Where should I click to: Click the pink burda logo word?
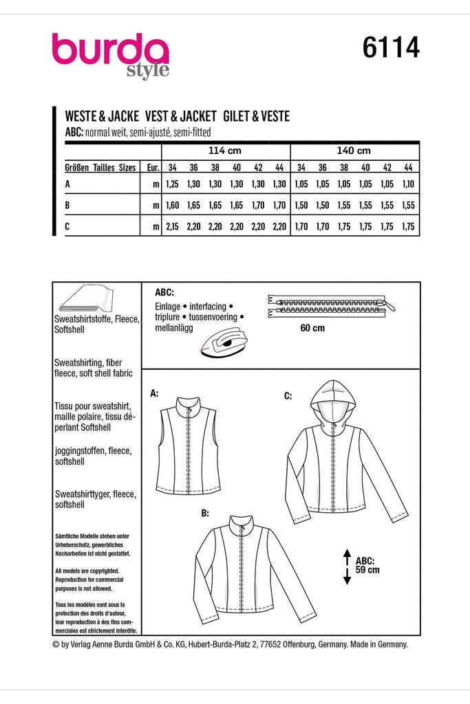tap(110, 51)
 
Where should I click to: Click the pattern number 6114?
tap(389, 49)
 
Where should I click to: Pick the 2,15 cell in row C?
tap(172, 226)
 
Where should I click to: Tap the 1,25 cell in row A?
tap(172, 184)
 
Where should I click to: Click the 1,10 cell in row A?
tap(408, 184)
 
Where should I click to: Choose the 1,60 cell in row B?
tap(172, 205)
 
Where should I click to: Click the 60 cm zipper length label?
tap(312, 328)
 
